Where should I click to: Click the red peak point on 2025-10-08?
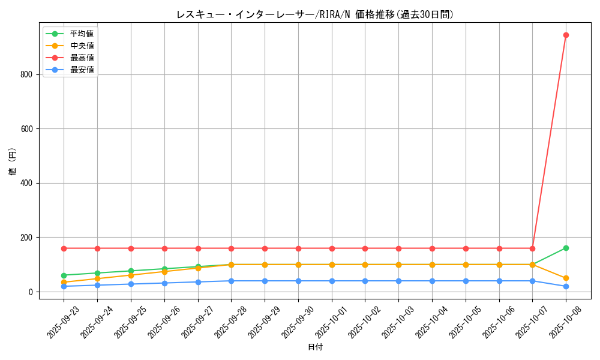tap(566, 35)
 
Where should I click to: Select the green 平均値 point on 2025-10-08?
tap(566, 248)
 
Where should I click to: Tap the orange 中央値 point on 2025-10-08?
tap(566, 278)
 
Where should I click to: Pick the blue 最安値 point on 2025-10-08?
tap(566, 286)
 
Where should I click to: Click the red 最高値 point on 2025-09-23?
tap(64, 248)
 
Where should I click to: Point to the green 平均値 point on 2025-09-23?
tap(64, 275)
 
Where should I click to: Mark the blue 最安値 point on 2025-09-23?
tap(64, 286)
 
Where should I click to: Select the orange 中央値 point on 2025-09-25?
tap(131, 275)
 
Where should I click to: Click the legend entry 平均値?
tap(82, 34)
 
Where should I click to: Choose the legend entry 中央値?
tap(82, 46)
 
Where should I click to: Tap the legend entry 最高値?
tap(82, 58)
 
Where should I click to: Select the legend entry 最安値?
tap(82, 70)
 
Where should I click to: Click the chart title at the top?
tap(314, 14)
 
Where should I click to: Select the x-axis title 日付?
tap(315, 347)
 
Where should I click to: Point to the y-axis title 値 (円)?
tap(13, 162)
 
